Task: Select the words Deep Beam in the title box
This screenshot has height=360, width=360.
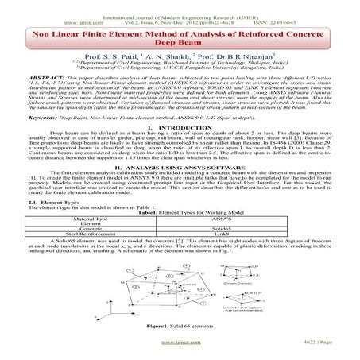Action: pyautogui.click(x=180, y=45)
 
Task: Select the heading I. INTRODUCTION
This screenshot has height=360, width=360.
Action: pyautogui.click(x=180, y=149)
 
